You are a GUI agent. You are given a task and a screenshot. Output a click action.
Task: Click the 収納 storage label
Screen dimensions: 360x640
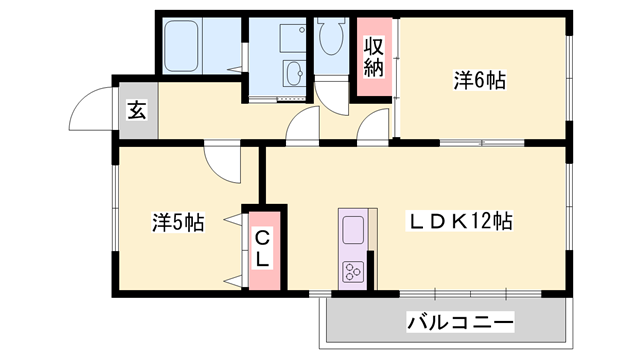(374, 56)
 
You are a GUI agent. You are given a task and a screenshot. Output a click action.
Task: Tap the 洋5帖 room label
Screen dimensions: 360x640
(178, 222)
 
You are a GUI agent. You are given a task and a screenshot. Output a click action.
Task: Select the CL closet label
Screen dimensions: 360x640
(262, 248)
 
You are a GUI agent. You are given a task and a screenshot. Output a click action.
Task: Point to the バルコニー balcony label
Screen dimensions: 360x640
(460, 323)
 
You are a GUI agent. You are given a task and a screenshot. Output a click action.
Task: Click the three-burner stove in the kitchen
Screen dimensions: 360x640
(353, 271)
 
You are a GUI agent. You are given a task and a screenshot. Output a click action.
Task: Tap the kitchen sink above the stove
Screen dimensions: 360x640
(353, 233)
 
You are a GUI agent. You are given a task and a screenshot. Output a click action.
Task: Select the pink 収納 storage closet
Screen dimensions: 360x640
(374, 58)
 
